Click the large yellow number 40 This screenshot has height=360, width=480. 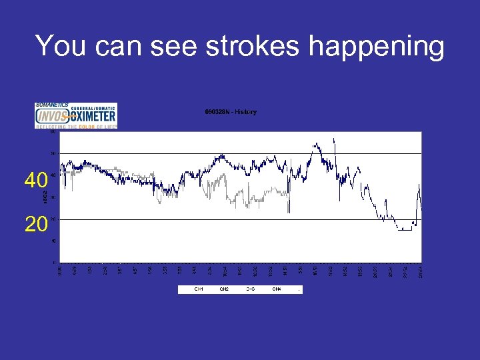36,180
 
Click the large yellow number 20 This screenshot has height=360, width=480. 36,224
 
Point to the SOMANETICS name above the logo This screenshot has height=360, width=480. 51,105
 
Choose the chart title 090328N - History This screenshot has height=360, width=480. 231,112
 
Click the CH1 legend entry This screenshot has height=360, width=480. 199,289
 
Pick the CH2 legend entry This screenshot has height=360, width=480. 224,289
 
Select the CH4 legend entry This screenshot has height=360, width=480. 276,289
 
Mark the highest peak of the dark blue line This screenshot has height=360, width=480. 334,139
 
